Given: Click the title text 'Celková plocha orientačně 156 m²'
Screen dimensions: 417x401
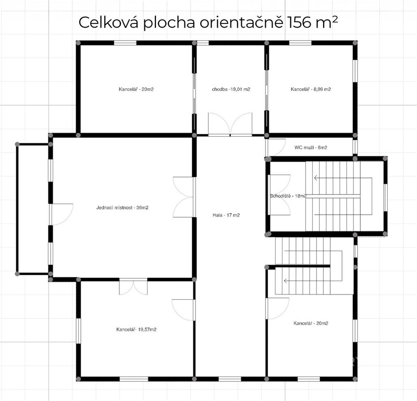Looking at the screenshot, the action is [x=208, y=22].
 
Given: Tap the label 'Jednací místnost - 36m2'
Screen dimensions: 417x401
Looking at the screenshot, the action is [x=122, y=208].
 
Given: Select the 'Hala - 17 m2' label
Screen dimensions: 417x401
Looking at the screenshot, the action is [x=226, y=215].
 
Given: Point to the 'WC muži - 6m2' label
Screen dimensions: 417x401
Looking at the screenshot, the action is [x=311, y=147].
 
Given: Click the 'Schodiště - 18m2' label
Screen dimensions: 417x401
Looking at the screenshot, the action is [x=288, y=196].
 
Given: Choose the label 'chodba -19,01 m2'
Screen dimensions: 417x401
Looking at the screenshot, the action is [x=231, y=89].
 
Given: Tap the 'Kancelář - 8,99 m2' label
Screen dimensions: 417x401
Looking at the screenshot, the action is [x=311, y=89].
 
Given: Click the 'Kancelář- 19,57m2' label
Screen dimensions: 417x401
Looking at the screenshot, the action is [x=136, y=329].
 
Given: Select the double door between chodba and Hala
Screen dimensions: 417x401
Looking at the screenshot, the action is [x=230, y=124].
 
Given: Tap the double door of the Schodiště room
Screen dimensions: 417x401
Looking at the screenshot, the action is [x=279, y=195].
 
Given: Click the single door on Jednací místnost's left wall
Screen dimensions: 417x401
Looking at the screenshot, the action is [x=61, y=215].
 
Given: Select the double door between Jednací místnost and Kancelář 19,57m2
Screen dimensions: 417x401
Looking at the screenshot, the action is [x=133, y=287].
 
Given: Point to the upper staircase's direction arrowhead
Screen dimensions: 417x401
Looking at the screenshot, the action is [x=316, y=178].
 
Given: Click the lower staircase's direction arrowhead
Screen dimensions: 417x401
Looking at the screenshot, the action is [x=286, y=280].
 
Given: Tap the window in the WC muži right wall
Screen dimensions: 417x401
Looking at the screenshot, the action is [x=355, y=147].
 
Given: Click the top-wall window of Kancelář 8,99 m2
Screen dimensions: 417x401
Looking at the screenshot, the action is [x=300, y=43].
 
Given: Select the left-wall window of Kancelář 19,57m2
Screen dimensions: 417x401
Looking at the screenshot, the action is [x=78, y=331].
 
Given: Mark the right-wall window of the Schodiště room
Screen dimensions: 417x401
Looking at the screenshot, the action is [x=385, y=197].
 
